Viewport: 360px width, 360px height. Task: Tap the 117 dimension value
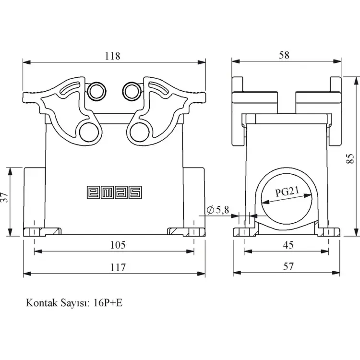(117, 267)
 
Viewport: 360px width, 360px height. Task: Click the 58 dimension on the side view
(284, 55)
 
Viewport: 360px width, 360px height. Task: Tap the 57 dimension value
(288, 267)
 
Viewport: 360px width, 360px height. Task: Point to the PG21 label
(288, 192)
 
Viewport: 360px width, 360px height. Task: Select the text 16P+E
(109, 303)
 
